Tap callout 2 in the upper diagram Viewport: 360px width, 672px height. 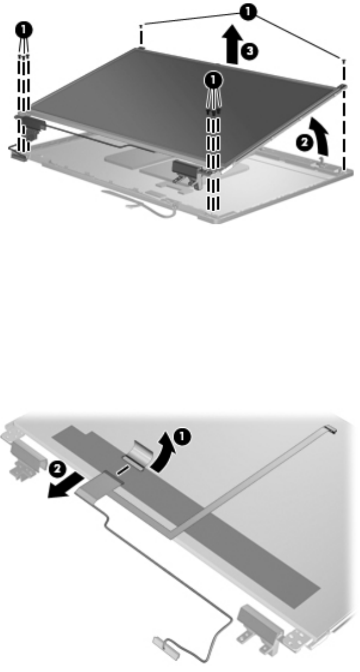click(x=304, y=143)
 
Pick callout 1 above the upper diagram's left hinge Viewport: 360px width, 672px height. click(x=23, y=30)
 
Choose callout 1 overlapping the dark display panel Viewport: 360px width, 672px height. click(x=213, y=80)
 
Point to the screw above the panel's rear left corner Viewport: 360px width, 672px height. click(x=141, y=27)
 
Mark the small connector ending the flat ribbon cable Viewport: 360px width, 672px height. click(x=331, y=428)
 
